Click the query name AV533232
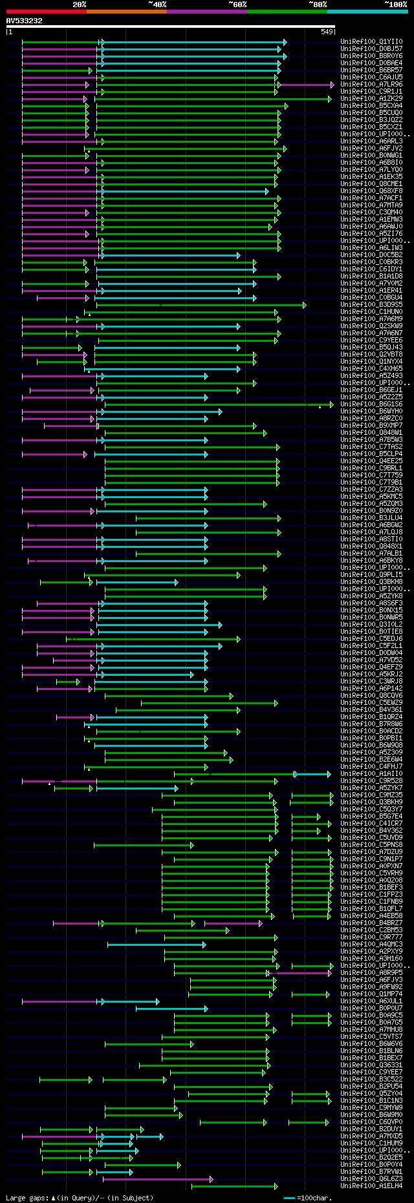click(25, 21)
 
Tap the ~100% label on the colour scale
click(395, 5)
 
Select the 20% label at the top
click(80, 5)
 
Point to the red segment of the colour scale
click(46, 12)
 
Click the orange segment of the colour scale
click(126, 12)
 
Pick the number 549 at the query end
click(327, 32)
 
